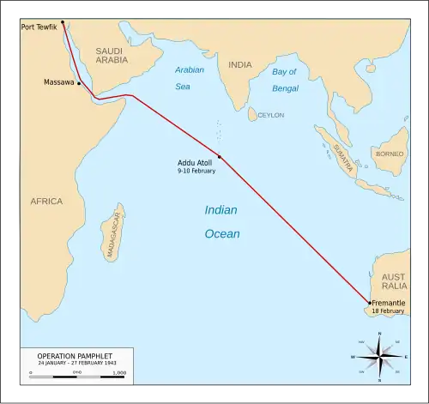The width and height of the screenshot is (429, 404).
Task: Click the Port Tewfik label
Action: [x=39, y=27]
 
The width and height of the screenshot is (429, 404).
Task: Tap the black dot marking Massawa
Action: [x=80, y=84]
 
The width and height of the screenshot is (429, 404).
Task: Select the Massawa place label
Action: [x=58, y=82]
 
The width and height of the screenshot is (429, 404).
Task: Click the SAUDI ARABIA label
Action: [x=110, y=55]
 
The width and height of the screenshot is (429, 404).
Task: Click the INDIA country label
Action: [x=240, y=64]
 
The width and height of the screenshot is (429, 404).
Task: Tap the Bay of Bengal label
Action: [x=289, y=80]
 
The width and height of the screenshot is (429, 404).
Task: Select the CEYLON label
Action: [x=271, y=115]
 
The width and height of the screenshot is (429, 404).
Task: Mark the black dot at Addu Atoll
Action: [x=220, y=156]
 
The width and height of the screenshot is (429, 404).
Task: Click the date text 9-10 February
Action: [x=196, y=172]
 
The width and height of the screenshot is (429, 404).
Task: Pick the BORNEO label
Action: [x=389, y=154]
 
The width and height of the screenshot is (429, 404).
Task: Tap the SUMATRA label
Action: [x=344, y=160]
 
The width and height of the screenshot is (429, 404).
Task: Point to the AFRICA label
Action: [x=46, y=202]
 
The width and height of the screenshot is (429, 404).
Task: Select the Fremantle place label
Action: [x=390, y=304]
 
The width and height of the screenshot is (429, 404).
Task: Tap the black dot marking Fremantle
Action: [x=369, y=303]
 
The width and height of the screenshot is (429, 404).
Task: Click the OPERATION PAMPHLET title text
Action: [x=74, y=355]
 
